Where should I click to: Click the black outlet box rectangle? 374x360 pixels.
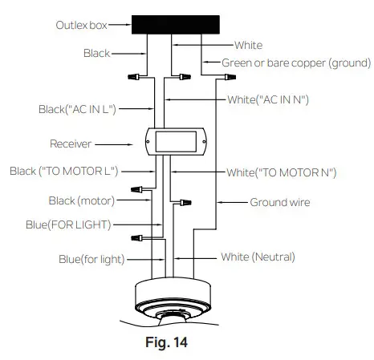point(174,24)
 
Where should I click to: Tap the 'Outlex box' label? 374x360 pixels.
point(79,26)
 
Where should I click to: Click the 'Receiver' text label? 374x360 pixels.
point(70,145)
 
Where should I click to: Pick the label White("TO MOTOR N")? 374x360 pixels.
point(281,172)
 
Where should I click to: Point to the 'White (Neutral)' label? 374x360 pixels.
point(258,257)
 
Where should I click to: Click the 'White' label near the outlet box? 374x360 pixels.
point(249,46)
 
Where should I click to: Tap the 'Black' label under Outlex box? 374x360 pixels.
point(97,53)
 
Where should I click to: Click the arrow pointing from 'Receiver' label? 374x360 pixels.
point(118,145)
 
